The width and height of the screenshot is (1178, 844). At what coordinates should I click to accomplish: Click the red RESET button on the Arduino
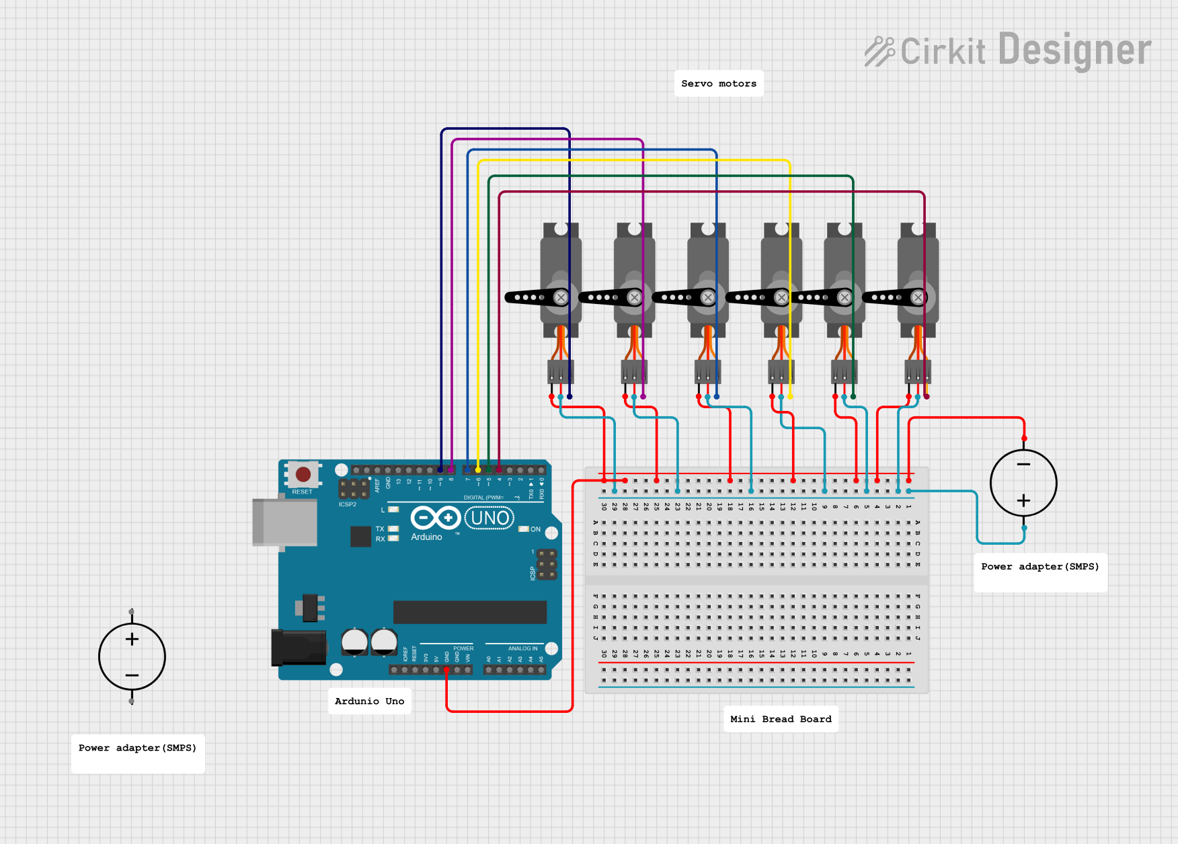pyautogui.click(x=303, y=474)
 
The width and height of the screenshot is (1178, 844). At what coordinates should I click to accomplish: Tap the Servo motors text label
pyautogui.click(x=719, y=83)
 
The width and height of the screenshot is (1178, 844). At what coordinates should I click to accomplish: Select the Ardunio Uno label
pyautogui.click(x=369, y=701)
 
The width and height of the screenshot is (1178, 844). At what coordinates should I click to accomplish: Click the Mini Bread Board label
pyautogui.click(x=781, y=719)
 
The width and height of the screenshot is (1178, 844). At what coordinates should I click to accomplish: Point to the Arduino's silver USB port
pyautogui.click(x=284, y=522)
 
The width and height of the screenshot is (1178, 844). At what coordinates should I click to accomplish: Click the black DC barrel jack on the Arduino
pyautogui.click(x=299, y=647)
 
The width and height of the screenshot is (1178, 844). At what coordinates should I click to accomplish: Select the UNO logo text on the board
pyautogui.click(x=489, y=518)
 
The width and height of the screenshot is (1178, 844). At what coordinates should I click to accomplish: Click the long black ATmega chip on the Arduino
pyautogui.click(x=469, y=612)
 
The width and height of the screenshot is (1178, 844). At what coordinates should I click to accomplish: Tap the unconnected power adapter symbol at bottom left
pyautogui.click(x=132, y=656)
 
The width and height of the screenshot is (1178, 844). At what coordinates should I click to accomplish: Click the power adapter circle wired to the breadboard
pyautogui.click(x=1023, y=483)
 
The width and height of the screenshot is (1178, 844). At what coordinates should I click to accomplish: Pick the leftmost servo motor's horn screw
pyautogui.click(x=561, y=297)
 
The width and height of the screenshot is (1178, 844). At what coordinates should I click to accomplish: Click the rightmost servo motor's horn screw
pyautogui.click(x=918, y=297)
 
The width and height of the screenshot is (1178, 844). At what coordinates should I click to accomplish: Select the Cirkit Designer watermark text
pyautogui.click(x=1009, y=50)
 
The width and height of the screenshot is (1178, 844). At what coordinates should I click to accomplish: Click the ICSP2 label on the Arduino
pyautogui.click(x=348, y=504)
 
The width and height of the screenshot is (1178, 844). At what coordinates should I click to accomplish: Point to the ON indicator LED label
pyautogui.click(x=535, y=529)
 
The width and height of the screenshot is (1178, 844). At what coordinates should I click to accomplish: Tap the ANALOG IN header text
pyautogui.click(x=522, y=648)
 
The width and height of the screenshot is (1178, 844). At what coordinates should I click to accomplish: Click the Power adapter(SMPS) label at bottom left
pyautogui.click(x=137, y=748)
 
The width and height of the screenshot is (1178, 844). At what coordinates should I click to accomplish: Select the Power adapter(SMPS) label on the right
pyautogui.click(x=1039, y=566)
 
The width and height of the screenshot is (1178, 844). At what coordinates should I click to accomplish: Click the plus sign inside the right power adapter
pyautogui.click(x=1023, y=500)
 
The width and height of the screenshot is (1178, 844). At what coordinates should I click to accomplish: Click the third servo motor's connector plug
pyautogui.click(x=707, y=371)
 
